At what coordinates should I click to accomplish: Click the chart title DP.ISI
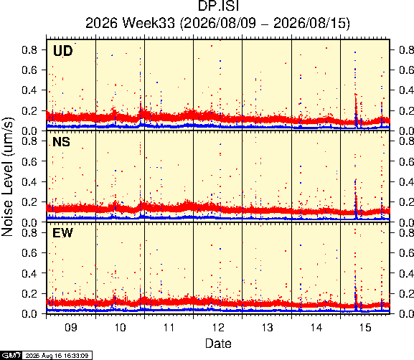(218, 6)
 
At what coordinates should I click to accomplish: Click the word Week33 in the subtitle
(149, 23)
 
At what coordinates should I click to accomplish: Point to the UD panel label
(62, 51)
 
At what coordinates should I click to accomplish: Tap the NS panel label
(61, 142)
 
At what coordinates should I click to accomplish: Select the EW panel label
(62, 233)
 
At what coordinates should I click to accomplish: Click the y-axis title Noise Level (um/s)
(7, 176)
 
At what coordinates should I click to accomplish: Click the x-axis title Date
(218, 344)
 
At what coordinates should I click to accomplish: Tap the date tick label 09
(71, 328)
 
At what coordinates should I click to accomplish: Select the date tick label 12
(218, 328)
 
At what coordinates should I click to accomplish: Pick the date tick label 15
(365, 328)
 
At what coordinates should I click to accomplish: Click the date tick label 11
(169, 328)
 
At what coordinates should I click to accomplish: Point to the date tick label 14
(316, 328)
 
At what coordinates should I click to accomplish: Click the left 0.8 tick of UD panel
(29, 49)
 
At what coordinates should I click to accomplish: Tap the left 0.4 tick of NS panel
(29, 181)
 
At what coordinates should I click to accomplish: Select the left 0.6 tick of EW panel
(29, 253)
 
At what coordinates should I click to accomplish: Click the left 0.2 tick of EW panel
(29, 293)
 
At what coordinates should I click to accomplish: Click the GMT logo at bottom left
(11, 355)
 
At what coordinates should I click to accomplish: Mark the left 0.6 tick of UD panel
(29, 70)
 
